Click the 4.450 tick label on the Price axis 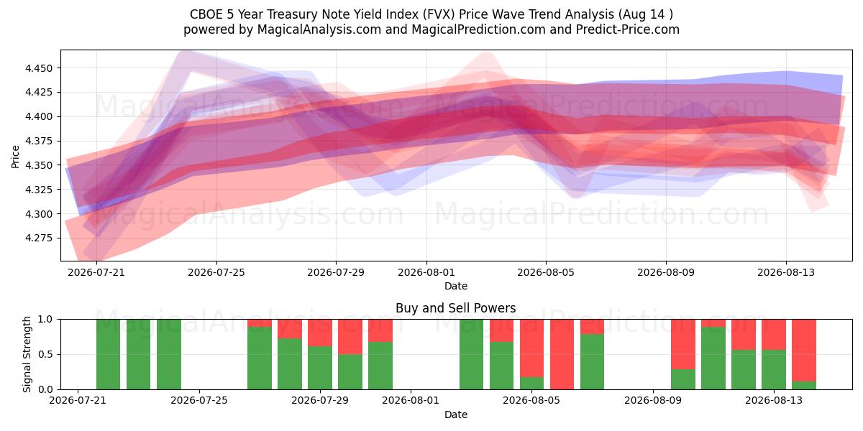click(x=38, y=68)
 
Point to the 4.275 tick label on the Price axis click(x=38, y=238)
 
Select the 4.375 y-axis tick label click(x=38, y=142)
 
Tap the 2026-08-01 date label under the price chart click(x=426, y=272)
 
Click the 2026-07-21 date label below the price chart click(x=96, y=272)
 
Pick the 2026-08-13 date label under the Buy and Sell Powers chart click(x=774, y=400)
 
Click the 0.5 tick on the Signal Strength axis click(x=45, y=354)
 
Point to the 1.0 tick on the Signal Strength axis click(x=45, y=320)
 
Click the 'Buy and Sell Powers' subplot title click(x=456, y=308)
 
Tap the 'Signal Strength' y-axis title click(x=27, y=354)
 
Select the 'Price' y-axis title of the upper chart click(x=15, y=157)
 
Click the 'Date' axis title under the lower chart click(x=456, y=414)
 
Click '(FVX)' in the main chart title click(x=439, y=14)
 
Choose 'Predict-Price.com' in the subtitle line click(x=628, y=29)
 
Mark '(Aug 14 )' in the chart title click(x=646, y=14)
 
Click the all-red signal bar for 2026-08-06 click(x=562, y=354)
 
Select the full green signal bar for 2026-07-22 click(x=138, y=354)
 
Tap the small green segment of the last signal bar click(x=804, y=385)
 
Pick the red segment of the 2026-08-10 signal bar click(x=683, y=344)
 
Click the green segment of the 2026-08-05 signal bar click(x=531, y=384)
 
